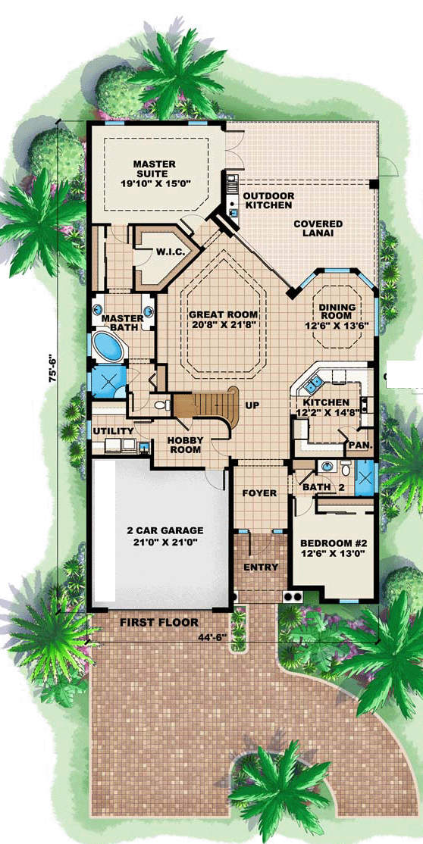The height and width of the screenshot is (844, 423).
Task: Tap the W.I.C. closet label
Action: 171,252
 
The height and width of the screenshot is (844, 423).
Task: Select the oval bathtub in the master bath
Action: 108,345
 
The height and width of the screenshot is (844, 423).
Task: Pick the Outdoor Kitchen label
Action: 268,200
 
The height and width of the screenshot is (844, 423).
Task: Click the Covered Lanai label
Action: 318,228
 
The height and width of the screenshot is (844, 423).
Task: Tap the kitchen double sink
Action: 312,384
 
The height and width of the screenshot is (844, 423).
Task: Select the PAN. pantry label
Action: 358,445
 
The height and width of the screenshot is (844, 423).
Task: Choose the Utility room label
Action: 113,431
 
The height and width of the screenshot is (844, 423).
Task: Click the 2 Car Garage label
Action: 159,531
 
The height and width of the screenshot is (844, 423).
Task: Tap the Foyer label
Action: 259,493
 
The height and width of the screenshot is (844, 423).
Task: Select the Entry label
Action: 261,567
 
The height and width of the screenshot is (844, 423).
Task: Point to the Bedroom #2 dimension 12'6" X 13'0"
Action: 330,554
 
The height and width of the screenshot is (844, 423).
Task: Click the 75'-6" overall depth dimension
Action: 52,367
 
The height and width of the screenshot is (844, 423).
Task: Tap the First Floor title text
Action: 159,623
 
